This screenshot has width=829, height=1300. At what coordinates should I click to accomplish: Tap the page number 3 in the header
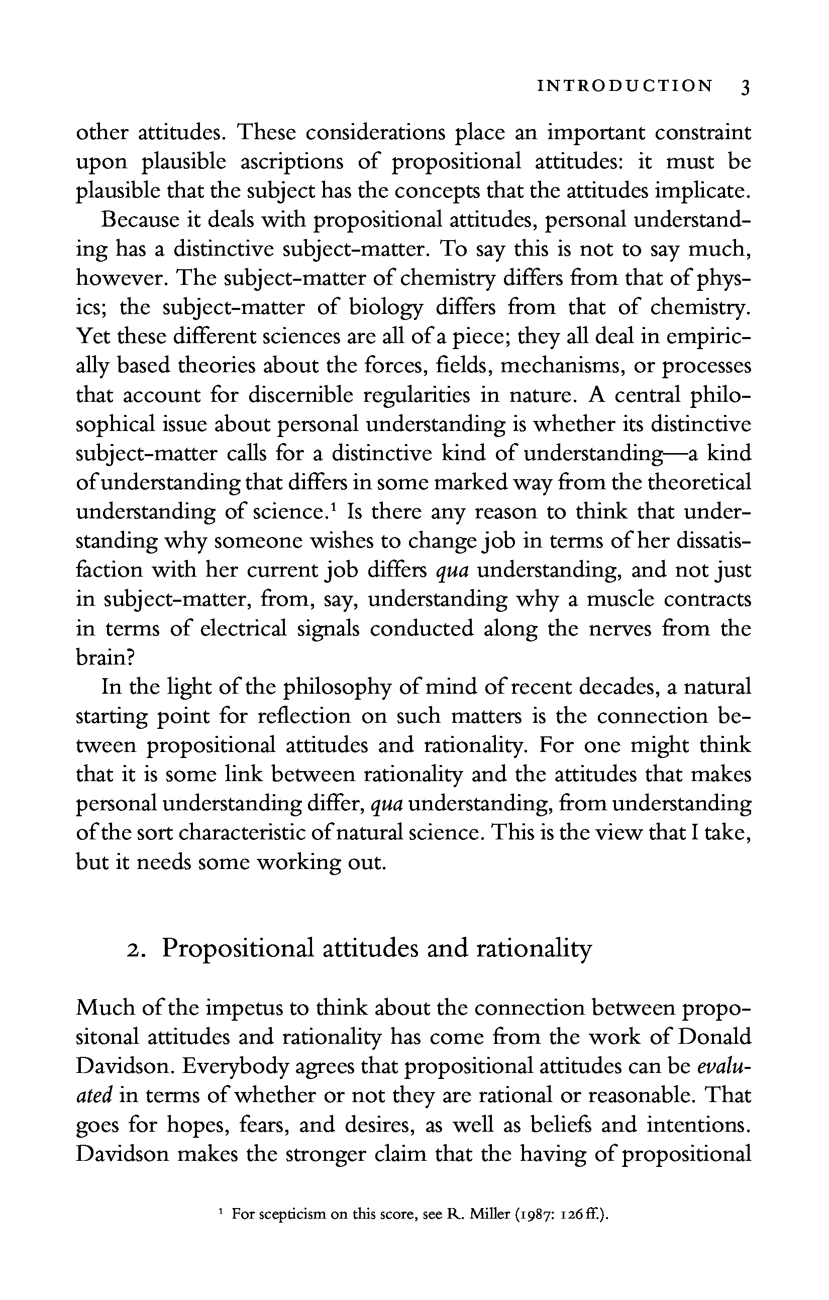[x=745, y=87]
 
